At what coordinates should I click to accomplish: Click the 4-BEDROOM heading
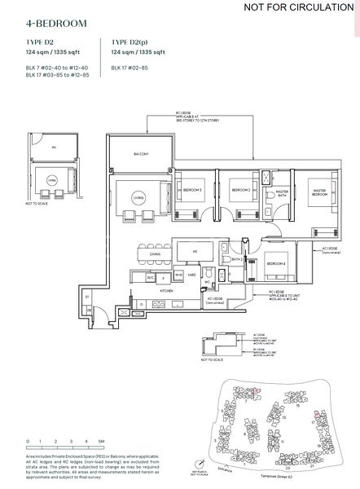pyautogui.click(x=56, y=25)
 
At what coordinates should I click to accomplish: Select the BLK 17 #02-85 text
pyautogui.click(x=130, y=67)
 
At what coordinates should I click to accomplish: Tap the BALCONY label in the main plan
pyautogui.click(x=140, y=154)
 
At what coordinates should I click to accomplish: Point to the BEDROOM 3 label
pyautogui.click(x=192, y=191)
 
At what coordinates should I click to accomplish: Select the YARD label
pyautogui.click(x=193, y=275)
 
